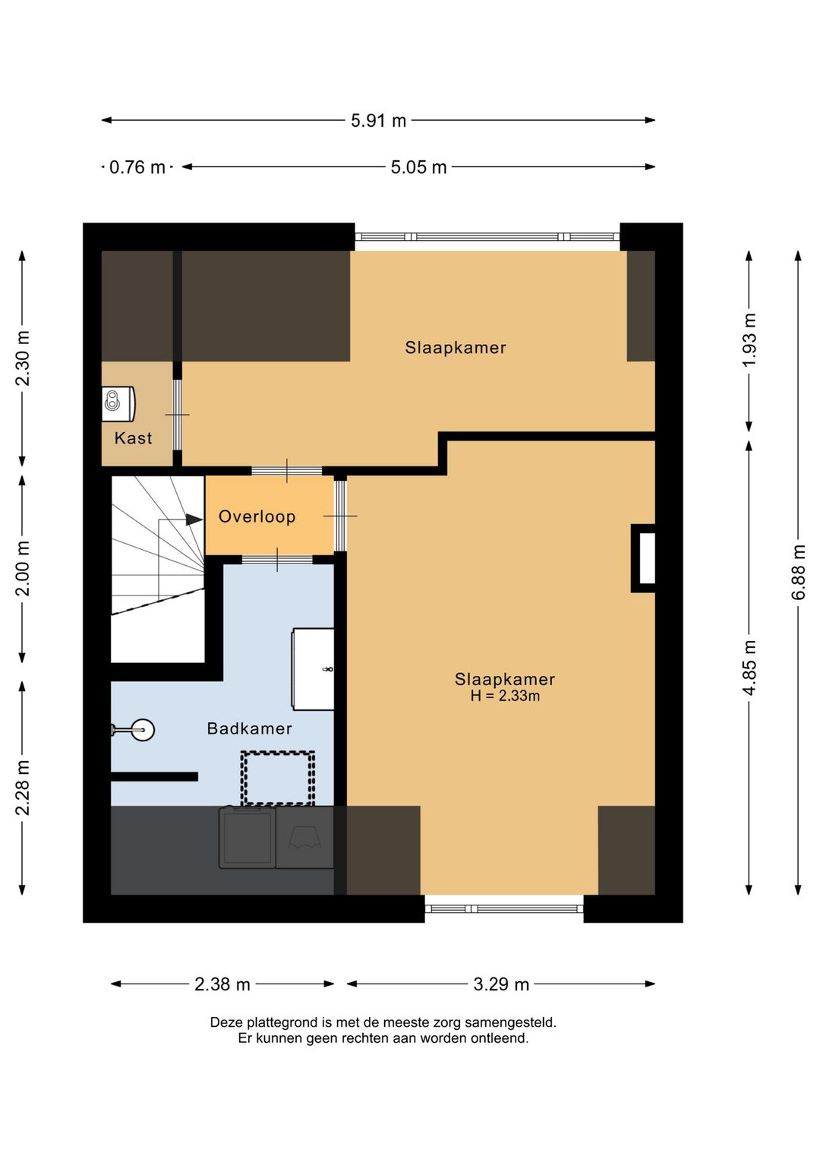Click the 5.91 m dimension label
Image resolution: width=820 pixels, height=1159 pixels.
[x=378, y=121]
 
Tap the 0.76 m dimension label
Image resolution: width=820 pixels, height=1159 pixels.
[x=137, y=167]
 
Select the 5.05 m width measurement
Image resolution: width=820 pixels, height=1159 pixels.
[x=418, y=167]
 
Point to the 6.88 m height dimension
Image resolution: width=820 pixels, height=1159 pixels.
[x=798, y=572]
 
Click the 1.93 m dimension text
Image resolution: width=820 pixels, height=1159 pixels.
[x=749, y=339]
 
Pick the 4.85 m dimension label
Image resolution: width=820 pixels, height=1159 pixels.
[x=749, y=668]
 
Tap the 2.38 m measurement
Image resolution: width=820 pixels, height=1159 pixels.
[x=222, y=984]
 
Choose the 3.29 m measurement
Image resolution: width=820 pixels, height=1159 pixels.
[x=501, y=984]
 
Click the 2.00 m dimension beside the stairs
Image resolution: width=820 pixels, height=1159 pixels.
[x=22, y=568]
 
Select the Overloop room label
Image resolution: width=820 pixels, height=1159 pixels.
[x=257, y=516]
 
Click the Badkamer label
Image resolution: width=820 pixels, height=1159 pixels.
[x=249, y=728]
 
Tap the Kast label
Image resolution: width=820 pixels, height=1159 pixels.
[x=133, y=437]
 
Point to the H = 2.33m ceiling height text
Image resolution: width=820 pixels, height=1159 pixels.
[x=505, y=696]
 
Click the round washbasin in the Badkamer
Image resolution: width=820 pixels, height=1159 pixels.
[x=140, y=730]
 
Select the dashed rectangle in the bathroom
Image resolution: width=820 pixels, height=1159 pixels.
[x=277, y=778]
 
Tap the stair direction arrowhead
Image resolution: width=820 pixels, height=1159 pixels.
[x=194, y=519]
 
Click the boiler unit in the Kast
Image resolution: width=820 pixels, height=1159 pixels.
[x=118, y=404]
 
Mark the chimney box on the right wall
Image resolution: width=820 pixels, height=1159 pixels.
[x=643, y=558]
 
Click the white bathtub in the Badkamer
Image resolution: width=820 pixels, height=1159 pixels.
[x=313, y=669]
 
